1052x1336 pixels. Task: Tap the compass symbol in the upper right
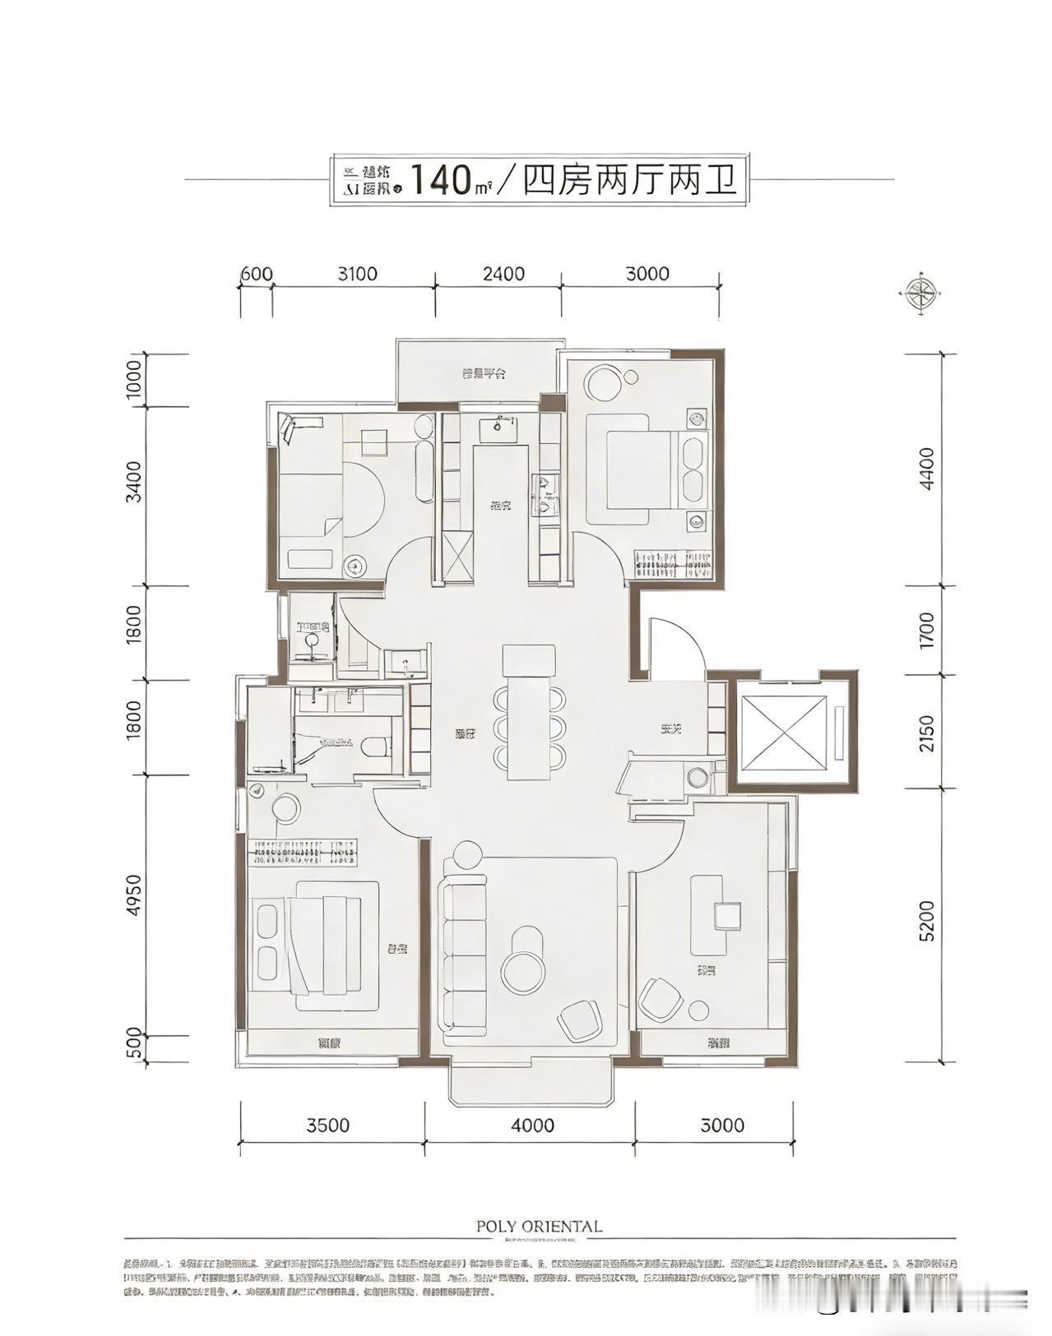point(919,292)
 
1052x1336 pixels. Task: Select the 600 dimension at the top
point(256,273)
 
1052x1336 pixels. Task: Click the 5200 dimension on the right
point(926,921)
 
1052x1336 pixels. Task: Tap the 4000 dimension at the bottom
point(531,1125)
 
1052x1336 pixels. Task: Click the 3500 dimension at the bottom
point(328,1125)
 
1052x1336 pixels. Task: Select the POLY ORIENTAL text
point(539,1226)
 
